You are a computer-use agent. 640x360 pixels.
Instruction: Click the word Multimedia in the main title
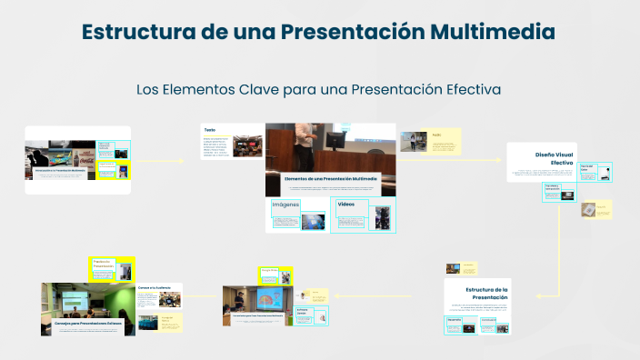pos(494,31)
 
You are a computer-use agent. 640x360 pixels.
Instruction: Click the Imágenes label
pos(285,205)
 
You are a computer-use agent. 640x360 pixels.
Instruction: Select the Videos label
pos(346,205)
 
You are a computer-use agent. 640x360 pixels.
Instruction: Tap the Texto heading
pos(210,129)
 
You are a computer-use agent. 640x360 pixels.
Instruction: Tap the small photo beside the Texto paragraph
pos(247,146)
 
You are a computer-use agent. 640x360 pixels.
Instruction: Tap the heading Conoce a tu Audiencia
pos(154,287)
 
